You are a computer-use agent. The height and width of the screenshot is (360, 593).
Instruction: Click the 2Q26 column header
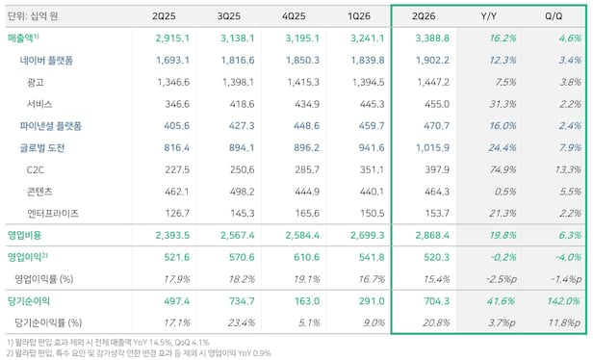[424, 16]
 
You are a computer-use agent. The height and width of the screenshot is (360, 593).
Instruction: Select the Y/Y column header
[489, 16]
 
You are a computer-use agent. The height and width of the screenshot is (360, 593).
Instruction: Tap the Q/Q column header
[554, 16]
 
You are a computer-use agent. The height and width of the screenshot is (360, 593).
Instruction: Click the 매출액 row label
[23, 38]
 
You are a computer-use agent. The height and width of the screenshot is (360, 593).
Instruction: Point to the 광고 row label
[36, 82]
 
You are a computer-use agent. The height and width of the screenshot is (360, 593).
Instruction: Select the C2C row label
[36, 169]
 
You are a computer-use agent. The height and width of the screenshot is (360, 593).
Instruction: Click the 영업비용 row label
[25, 235]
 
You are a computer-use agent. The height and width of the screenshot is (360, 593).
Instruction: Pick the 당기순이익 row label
[29, 301]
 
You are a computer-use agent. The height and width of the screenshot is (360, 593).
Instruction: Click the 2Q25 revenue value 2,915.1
[172, 39]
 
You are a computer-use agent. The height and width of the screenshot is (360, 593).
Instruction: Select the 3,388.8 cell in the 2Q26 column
[432, 39]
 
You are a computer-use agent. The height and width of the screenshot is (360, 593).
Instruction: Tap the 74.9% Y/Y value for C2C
[503, 169]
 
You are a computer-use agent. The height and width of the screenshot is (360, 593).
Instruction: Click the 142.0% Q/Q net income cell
[563, 301]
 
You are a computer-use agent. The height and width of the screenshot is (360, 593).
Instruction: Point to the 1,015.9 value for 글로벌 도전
[432, 148]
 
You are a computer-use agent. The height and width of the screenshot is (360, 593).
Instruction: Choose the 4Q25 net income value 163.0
[307, 301]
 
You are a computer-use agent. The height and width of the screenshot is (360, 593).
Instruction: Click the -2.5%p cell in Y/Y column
[502, 279]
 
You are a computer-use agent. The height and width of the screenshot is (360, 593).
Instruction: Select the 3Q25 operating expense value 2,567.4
[238, 235]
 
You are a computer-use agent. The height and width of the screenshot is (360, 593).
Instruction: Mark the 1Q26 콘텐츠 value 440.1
[372, 192]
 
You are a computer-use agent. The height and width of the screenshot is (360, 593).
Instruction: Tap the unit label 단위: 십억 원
[33, 16]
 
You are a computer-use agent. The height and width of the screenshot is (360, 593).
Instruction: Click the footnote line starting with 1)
[108, 343]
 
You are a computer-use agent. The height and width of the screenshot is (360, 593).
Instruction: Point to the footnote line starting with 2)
[139, 353]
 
